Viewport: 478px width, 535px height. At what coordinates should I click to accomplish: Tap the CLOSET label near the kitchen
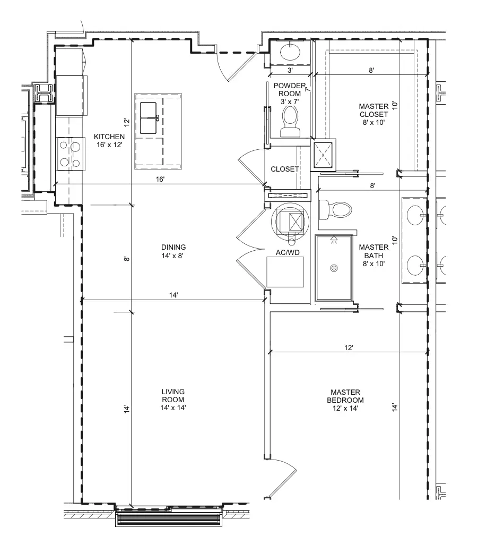(285, 169)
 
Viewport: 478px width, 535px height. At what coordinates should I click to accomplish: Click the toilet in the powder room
(290, 121)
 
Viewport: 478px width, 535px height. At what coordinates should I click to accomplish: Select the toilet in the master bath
(335, 209)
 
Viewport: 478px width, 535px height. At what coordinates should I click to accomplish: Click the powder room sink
(290, 52)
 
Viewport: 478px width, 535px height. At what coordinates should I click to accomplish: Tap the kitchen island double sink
(149, 118)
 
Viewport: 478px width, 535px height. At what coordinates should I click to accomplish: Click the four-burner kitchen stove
(71, 154)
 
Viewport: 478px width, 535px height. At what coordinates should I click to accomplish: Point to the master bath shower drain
(334, 268)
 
